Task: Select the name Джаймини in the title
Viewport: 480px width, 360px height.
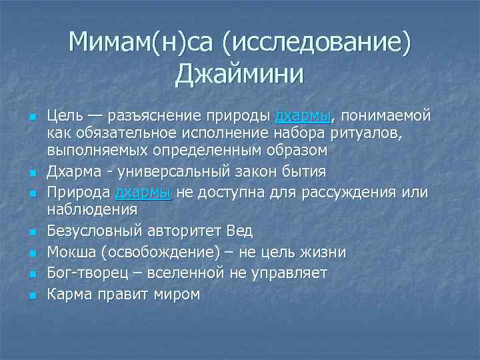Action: [239, 74]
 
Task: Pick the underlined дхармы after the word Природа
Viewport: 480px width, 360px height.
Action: [144, 193]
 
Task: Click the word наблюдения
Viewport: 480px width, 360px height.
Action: [92, 209]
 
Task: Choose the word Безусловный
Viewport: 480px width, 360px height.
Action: [91, 231]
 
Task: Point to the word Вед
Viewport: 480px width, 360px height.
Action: [239, 231]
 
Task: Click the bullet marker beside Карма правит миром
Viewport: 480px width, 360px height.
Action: [31, 295]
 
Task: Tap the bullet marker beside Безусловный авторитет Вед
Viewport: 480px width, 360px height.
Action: [31, 232]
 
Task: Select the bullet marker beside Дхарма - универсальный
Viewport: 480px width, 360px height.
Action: [31, 173]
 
